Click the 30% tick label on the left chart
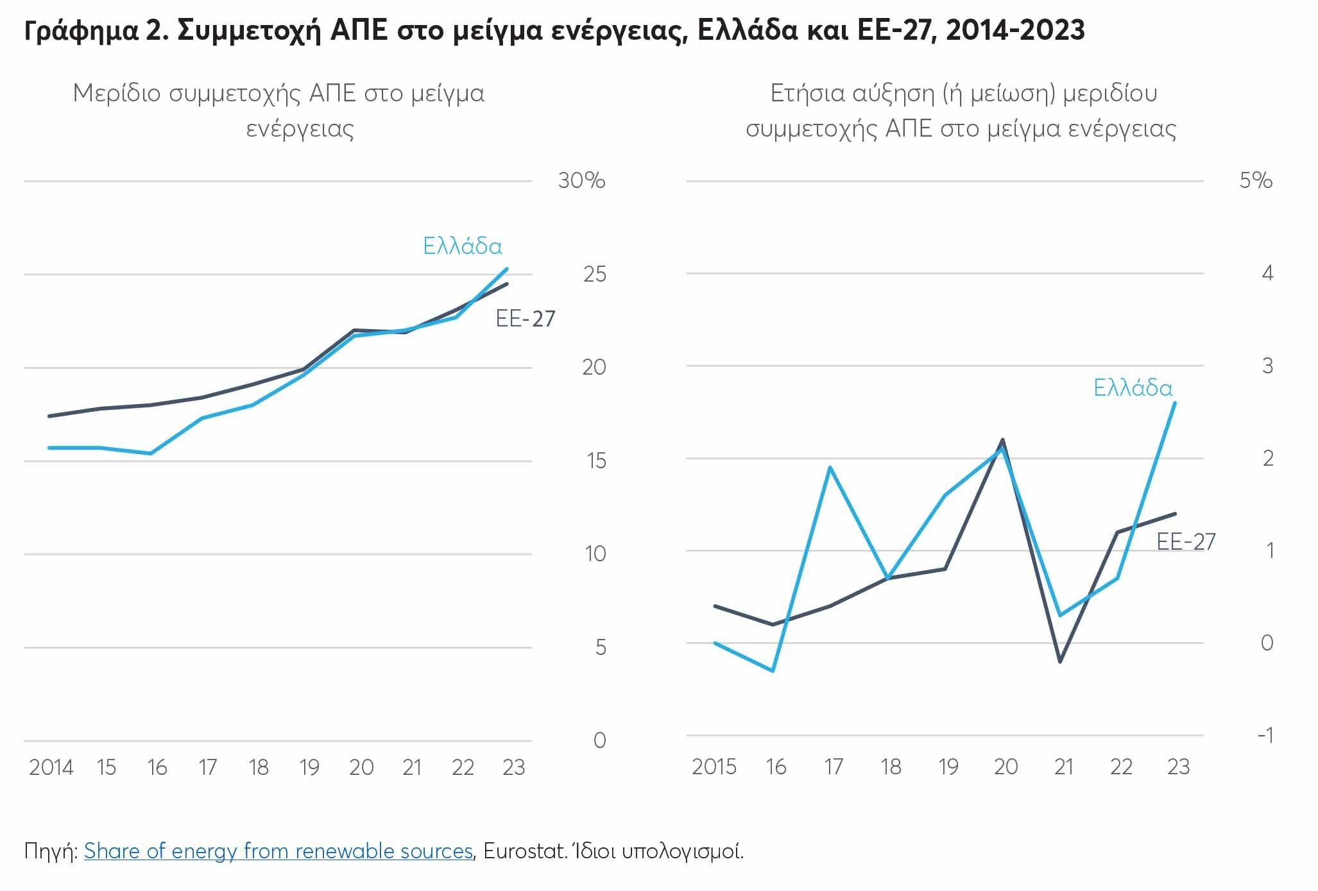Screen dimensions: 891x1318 point(581,181)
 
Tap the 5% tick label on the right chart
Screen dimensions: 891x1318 point(1256,181)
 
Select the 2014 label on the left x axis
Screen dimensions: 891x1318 point(51,767)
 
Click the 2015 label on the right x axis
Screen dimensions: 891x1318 point(714,767)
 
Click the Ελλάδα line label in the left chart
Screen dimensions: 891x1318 point(463,246)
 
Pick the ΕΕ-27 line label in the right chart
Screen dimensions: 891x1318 point(1186,543)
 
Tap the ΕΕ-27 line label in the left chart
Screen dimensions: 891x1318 point(526,319)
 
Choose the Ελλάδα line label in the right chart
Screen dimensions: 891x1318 point(1133,389)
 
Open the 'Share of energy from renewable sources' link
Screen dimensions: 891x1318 point(278,851)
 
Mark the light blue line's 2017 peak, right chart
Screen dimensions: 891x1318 point(830,468)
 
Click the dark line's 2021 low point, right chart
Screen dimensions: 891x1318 point(1060,661)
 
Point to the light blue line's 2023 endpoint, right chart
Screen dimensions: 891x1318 point(1175,403)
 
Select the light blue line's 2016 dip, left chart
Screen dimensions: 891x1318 point(151,454)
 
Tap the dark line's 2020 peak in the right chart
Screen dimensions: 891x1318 point(1002,440)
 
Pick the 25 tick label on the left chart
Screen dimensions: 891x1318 point(595,275)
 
